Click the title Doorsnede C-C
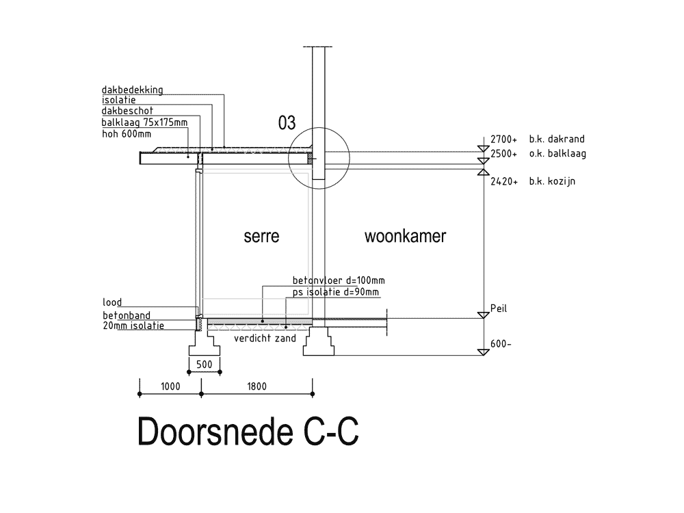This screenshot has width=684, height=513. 248,432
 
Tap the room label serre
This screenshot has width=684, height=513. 261,237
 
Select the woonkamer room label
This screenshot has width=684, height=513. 405,237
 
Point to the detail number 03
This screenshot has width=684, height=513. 287,123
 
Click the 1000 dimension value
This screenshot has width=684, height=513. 170,386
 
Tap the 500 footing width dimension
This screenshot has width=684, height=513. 204,365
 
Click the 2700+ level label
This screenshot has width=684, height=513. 504,139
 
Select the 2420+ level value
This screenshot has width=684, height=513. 504,183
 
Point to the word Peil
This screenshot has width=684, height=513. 499,308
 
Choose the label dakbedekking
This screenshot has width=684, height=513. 132,90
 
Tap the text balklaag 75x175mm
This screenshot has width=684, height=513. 144,122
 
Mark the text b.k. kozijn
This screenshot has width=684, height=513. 551,183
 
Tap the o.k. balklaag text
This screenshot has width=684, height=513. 557,153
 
